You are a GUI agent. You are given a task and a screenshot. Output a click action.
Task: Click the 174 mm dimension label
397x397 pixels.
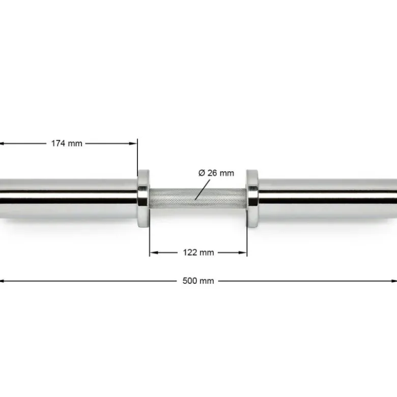pos(67,143)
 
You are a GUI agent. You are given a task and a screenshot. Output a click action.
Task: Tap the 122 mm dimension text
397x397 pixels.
pos(198,253)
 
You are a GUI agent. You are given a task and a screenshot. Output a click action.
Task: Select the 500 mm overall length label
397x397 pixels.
pos(198,281)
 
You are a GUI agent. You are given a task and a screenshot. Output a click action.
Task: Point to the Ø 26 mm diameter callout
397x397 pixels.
pos(216,173)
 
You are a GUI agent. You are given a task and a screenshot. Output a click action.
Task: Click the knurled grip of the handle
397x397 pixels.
pos(197,198)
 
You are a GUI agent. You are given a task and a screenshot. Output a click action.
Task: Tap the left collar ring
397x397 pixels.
pos(143,198)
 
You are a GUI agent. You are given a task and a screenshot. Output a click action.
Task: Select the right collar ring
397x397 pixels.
pos(252,198)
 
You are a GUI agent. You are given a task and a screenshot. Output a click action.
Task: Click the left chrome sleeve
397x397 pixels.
pos(68,199)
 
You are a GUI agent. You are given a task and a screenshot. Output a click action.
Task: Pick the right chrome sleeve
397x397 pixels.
pos(328,199)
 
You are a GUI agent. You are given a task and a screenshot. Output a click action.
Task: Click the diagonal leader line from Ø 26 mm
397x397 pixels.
pos(203,190)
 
